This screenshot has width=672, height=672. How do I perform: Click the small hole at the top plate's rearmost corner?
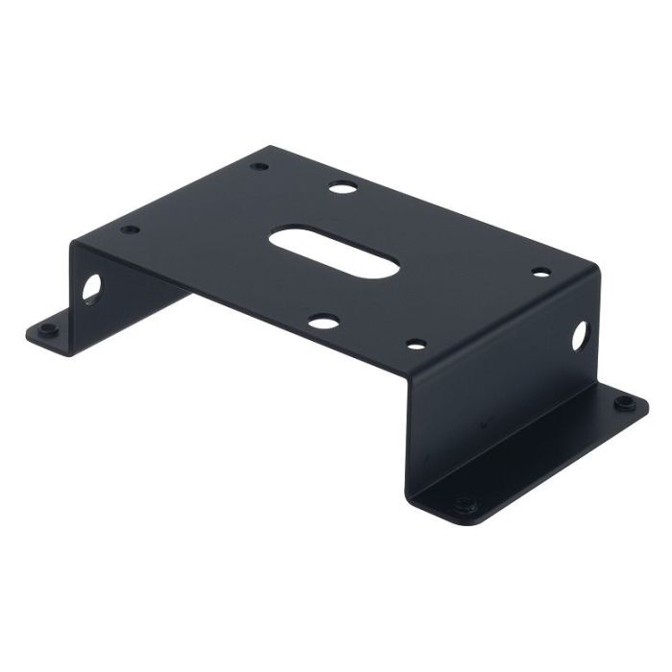point(260,167)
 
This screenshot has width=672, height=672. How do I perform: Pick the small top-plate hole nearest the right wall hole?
point(541,274)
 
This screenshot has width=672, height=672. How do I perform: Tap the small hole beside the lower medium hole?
point(414,342)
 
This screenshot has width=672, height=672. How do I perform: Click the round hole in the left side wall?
point(91,287)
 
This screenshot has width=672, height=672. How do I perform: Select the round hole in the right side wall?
point(581,334)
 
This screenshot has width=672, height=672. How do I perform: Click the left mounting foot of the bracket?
point(58,326)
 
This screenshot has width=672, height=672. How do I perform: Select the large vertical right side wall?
point(499,384)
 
